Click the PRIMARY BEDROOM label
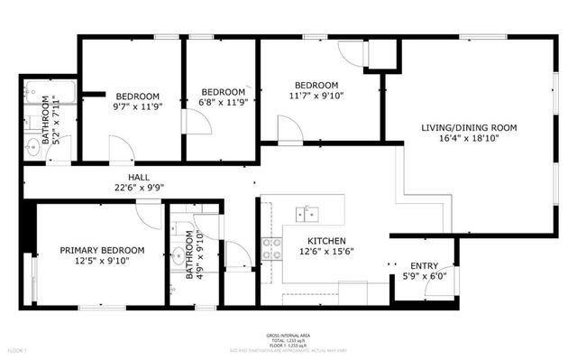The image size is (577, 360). (102, 250)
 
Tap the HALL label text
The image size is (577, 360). (138, 178)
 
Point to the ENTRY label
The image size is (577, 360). (424, 265)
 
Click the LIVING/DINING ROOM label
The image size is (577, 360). (469, 128)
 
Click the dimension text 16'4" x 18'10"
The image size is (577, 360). (469, 140)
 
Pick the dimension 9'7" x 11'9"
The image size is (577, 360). (136, 107)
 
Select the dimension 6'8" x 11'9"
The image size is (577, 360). (223, 103)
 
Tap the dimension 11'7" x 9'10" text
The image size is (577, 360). (315, 96)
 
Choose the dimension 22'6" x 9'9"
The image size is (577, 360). (138, 189)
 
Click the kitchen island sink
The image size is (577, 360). (309, 213)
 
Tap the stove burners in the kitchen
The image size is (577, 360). (270, 248)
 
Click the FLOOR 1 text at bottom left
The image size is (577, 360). (18, 348)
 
